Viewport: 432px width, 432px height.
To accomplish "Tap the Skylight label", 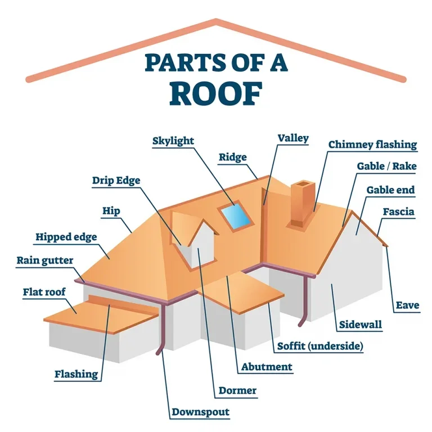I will pyautogui.click(x=173, y=141).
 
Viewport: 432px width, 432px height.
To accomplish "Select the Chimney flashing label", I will pyautogui.click(x=372, y=145).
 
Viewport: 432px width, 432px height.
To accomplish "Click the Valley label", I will pyautogui.click(x=293, y=138).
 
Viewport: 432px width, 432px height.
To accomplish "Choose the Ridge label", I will pyautogui.click(x=232, y=157).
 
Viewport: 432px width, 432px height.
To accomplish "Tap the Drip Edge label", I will pyautogui.click(x=116, y=181).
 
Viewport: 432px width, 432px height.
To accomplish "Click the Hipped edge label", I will pyautogui.click(x=66, y=237).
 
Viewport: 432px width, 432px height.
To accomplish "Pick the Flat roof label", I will pyautogui.click(x=44, y=292).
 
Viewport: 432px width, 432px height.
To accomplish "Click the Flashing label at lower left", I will pyautogui.click(x=76, y=374).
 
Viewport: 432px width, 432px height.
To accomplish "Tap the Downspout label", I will pyautogui.click(x=200, y=412).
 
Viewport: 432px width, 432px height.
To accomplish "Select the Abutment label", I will pyautogui.click(x=267, y=367).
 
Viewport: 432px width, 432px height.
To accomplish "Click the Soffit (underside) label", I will pyautogui.click(x=319, y=345).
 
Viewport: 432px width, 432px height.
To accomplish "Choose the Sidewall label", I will pyautogui.click(x=361, y=325).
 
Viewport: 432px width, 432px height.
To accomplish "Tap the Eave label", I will pyautogui.click(x=407, y=305).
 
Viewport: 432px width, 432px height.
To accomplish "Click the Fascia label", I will pyautogui.click(x=398, y=212).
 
